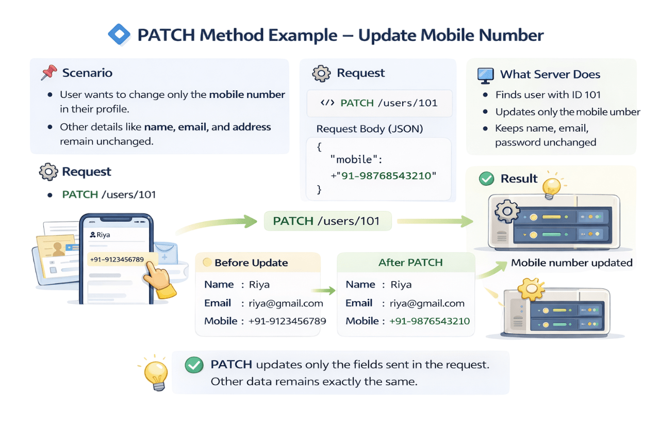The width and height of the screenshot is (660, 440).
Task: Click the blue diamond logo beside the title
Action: [x=119, y=35]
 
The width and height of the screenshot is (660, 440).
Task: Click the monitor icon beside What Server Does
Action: [x=485, y=75]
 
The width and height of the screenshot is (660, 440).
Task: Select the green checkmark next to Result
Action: [x=486, y=179]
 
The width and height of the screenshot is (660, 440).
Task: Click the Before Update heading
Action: [x=251, y=263]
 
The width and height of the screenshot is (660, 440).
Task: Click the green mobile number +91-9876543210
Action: [x=430, y=321]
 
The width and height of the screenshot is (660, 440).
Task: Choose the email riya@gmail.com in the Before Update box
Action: [x=286, y=303]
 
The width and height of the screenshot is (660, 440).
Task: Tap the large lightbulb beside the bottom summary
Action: [x=155, y=373]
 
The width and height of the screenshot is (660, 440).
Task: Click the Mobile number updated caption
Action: [x=571, y=263]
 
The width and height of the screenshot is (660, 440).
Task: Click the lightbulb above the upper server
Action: [x=552, y=187]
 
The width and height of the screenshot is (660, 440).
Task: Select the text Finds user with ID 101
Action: [x=541, y=95]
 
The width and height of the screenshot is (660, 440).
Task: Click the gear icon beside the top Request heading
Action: [x=321, y=73]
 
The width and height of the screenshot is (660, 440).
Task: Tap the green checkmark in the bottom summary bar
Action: [x=193, y=365]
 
